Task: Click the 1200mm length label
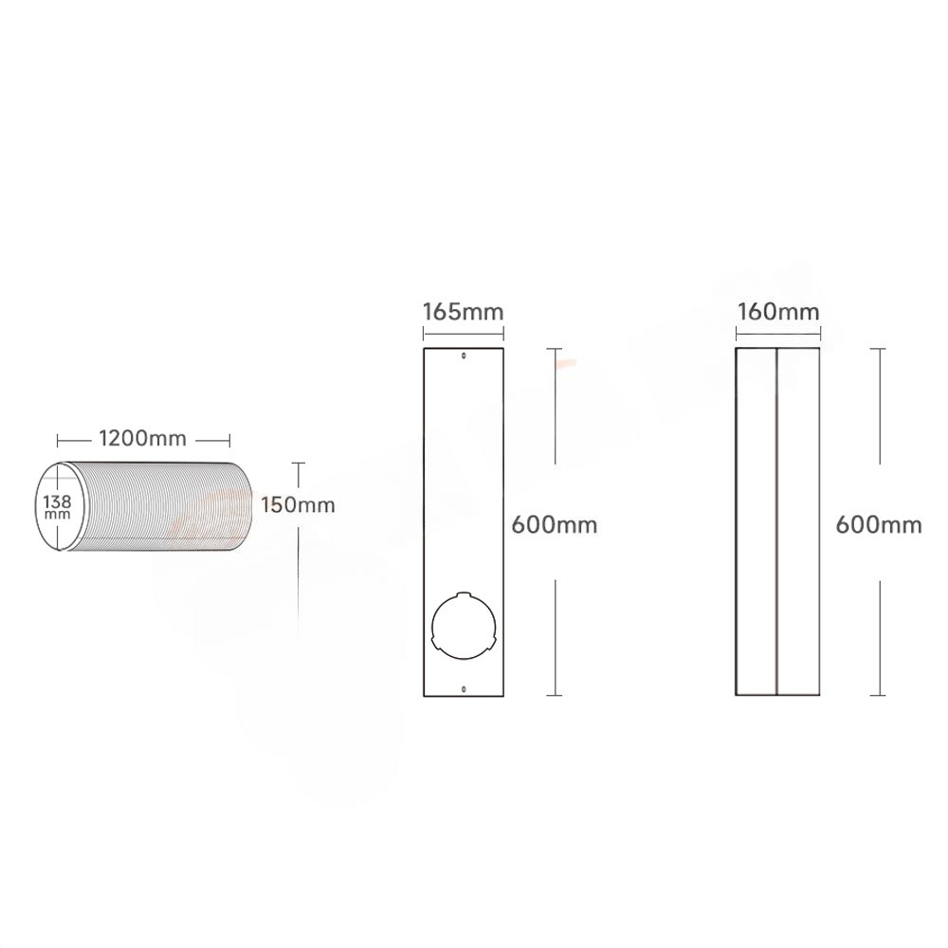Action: click(143, 438)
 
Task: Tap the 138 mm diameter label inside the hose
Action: click(58, 506)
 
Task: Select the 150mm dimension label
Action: click(298, 504)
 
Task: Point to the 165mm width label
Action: click(464, 312)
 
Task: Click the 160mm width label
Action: click(778, 312)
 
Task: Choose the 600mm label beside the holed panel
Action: click(555, 524)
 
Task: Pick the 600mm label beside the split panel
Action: click(879, 524)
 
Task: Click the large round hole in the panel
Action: click(464, 625)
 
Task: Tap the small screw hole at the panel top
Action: click(464, 356)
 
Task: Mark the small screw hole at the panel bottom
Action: click(464, 688)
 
